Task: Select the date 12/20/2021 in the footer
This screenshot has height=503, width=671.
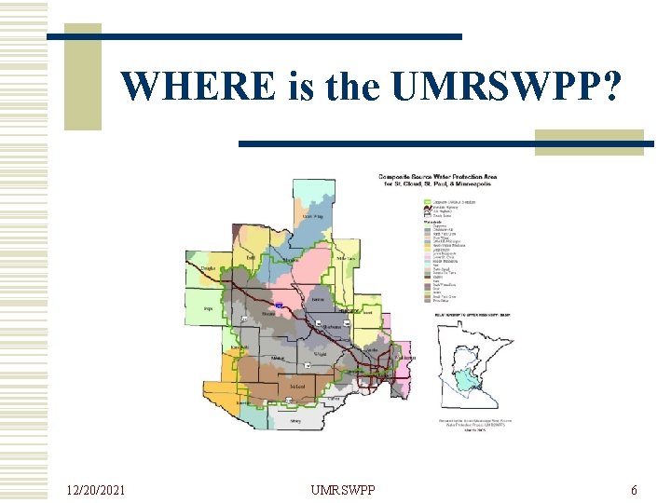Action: click(x=98, y=490)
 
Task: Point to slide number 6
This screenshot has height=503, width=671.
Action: click(x=634, y=490)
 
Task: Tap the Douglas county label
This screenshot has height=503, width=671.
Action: click(x=208, y=268)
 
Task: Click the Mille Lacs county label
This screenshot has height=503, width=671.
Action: click(x=346, y=258)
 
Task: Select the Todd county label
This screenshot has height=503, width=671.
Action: click(x=252, y=258)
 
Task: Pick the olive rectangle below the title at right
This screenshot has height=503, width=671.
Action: click(x=589, y=143)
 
